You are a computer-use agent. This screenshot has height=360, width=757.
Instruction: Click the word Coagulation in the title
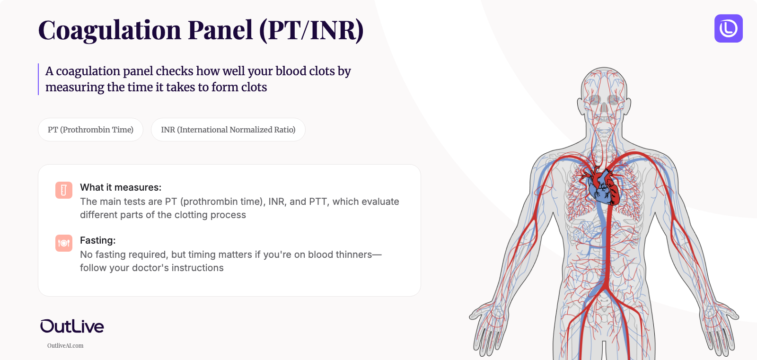pyautogui.click(x=109, y=30)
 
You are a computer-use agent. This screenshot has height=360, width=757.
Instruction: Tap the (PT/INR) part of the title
pyautogui.click(x=311, y=30)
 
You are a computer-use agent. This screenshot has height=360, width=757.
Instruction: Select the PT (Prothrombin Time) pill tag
pyautogui.click(x=90, y=130)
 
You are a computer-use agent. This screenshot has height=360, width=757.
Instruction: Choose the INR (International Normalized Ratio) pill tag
pyautogui.click(x=228, y=130)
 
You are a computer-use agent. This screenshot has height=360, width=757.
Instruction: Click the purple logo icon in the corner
pyautogui.click(x=728, y=28)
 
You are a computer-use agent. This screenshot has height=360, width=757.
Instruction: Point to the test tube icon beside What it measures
pyautogui.click(x=64, y=190)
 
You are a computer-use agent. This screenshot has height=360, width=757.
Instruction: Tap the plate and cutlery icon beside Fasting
pyautogui.click(x=64, y=243)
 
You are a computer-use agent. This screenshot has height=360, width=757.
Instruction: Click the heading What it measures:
pyautogui.click(x=121, y=187)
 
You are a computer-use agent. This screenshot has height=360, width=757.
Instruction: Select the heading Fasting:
pyautogui.click(x=97, y=240)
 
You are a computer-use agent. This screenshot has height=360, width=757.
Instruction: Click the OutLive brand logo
pyautogui.click(x=72, y=326)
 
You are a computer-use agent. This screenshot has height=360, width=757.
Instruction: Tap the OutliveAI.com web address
pyautogui.click(x=65, y=346)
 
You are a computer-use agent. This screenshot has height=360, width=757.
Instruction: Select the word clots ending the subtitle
pyautogui.click(x=254, y=88)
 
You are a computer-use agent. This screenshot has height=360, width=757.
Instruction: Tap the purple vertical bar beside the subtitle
pyautogui.click(x=38, y=79)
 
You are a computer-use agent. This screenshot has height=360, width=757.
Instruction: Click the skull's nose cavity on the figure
pyautogui.click(x=604, y=108)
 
